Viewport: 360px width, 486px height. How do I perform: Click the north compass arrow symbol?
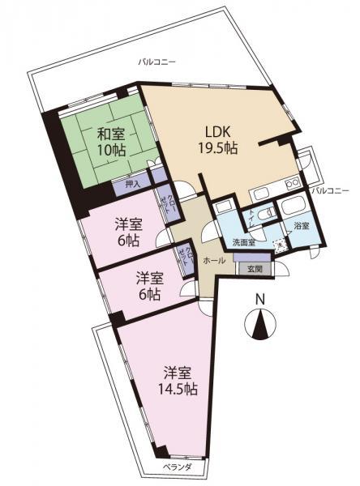pos(259,326)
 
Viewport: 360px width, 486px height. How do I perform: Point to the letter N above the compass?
pos(259,299)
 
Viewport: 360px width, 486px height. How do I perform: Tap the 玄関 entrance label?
pos(254,269)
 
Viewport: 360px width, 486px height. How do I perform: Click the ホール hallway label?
pos(214,261)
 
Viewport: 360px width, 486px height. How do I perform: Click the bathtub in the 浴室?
pos(292,207)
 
